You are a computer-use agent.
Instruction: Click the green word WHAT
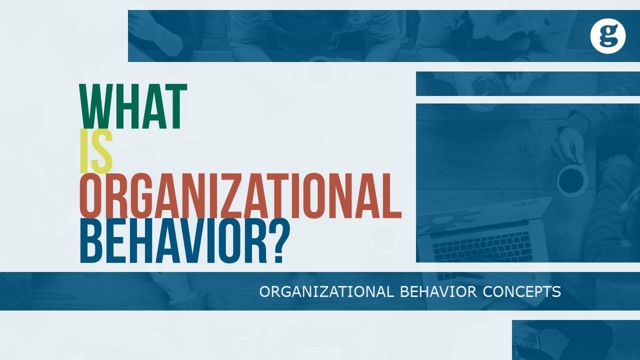point(133,106)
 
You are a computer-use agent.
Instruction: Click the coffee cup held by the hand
point(572,180)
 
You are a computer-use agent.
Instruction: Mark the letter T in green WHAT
point(177,106)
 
